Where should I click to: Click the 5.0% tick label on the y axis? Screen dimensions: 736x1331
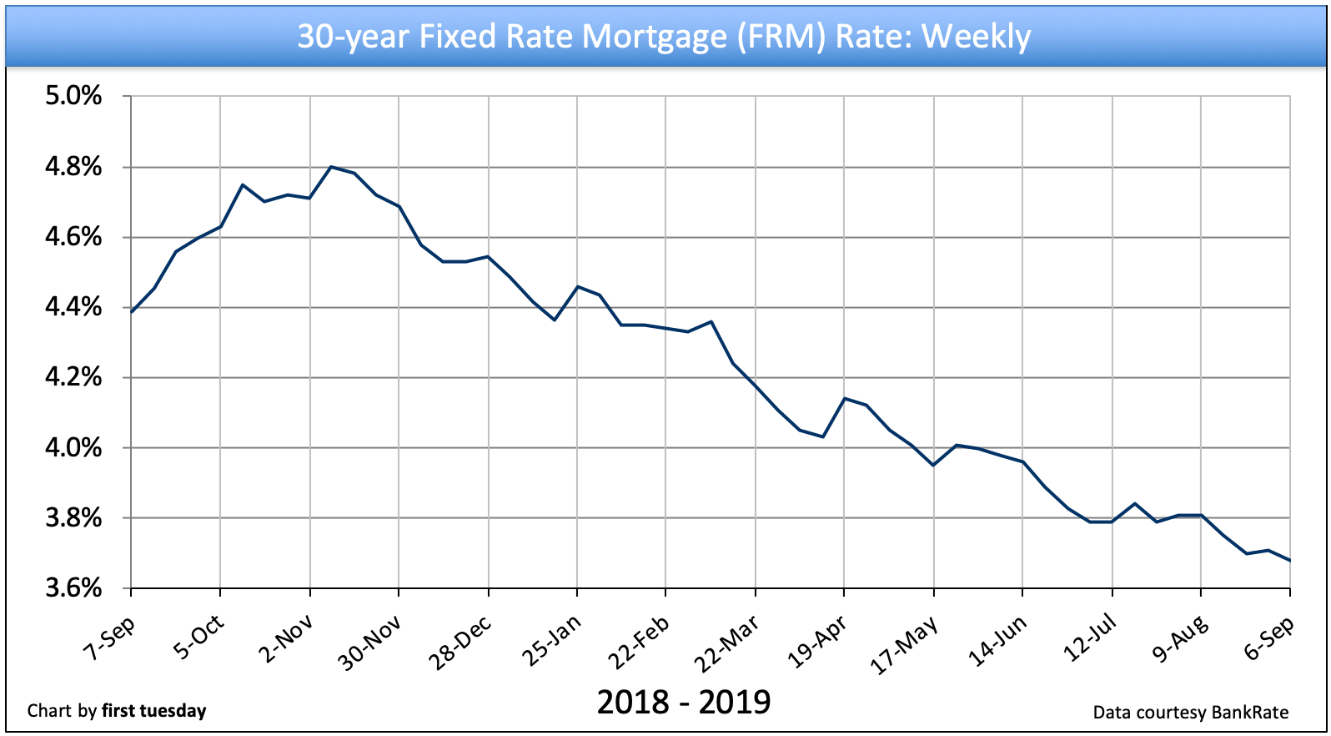click(73, 96)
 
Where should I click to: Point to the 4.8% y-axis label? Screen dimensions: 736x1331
click(73, 167)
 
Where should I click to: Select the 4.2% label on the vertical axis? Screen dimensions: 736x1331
click(73, 377)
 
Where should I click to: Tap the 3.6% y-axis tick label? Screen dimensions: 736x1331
click(73, 588)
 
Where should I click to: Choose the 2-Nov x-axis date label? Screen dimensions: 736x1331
click(285, 639)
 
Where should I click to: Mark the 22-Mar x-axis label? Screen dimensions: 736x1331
click(727, 643)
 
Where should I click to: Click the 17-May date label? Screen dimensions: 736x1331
click(904, 645)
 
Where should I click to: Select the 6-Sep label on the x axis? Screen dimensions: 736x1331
click(1268, 639)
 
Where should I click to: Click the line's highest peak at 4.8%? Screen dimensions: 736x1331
click(331, 167)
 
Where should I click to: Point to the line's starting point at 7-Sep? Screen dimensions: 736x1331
click(132, 311)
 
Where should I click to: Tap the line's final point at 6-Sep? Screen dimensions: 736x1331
click(1290, 561)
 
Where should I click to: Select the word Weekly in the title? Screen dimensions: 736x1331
click(976, 37)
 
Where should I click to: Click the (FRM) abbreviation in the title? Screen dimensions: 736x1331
click(781, 37)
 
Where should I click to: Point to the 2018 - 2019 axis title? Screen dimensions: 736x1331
click(684, 702)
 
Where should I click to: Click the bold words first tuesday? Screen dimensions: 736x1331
click(153, 711)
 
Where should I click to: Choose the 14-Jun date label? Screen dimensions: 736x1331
click(997, 641)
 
